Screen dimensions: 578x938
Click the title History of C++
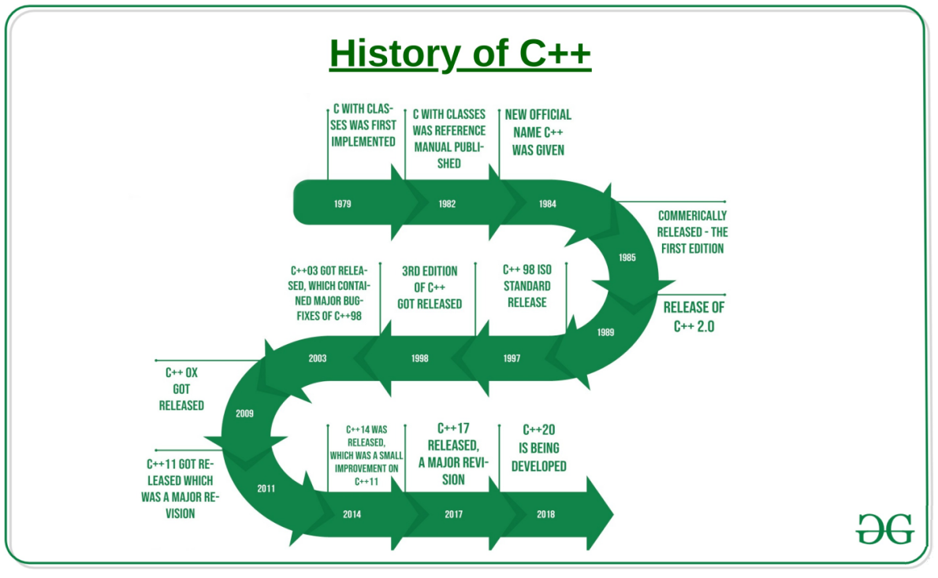point(460,54)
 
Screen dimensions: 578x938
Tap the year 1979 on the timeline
point(342,204)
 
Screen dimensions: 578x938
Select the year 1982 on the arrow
point(447,204)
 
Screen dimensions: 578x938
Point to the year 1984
point(548,204)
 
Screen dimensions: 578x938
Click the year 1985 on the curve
point(627,258)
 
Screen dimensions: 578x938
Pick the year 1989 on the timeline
point(605,332)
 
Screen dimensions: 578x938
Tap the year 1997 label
point(512,358)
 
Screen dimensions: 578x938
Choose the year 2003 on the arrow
point(318,358)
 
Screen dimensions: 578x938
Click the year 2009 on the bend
point(244,413)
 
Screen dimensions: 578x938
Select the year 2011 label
point(266,488)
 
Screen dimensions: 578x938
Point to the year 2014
point(352,514)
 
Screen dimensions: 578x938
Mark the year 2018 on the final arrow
point(545,514)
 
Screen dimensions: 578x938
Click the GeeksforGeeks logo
point(884,528)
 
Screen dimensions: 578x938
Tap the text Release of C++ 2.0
point(694,317)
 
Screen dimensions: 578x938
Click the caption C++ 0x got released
point(181,389)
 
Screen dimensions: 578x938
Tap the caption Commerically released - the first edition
point(692,232)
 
